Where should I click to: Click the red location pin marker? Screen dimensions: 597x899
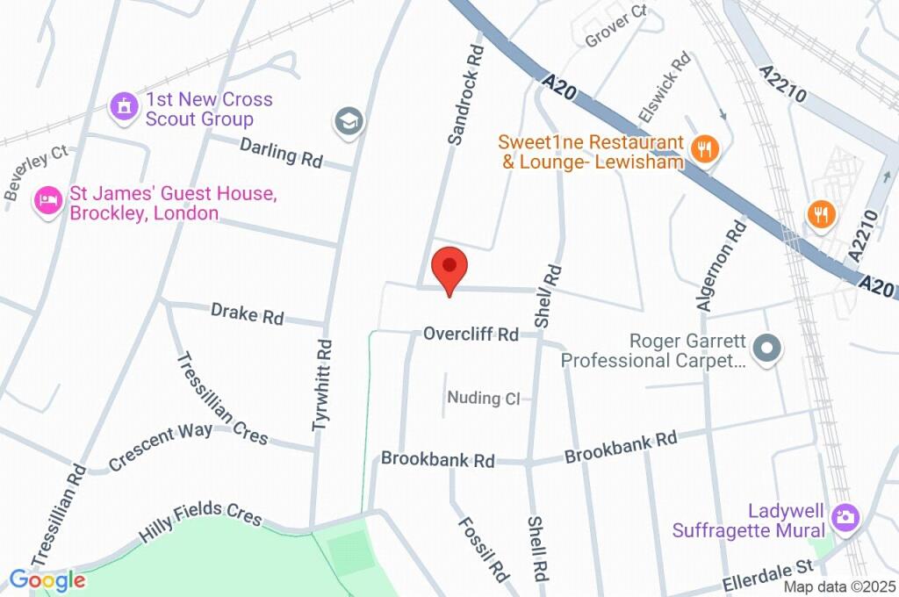pyautogui.click(x=449, y=267)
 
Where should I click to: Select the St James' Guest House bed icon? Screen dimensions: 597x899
pyautogui.click(x=47, y=201)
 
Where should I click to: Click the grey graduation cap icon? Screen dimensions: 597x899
pyautogui.click(x=349, y=121)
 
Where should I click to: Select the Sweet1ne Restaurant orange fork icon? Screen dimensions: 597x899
pyautogui.click(x=703, y=149)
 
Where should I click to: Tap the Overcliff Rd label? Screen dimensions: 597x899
pyautogui.click(x=471, y=334)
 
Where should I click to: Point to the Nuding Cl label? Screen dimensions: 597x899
pyautogui.click(x=484, y=399)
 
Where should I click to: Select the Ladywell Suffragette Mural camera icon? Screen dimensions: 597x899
pyautogui.click(x=845, y=516)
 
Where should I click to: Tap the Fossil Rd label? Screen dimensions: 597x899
pyautogui.click(x=483, y=548)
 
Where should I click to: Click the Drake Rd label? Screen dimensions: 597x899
pyautogui.click(x=247, y=313)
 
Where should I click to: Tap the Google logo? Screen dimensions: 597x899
pyautogui.click(x=47, y=579)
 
